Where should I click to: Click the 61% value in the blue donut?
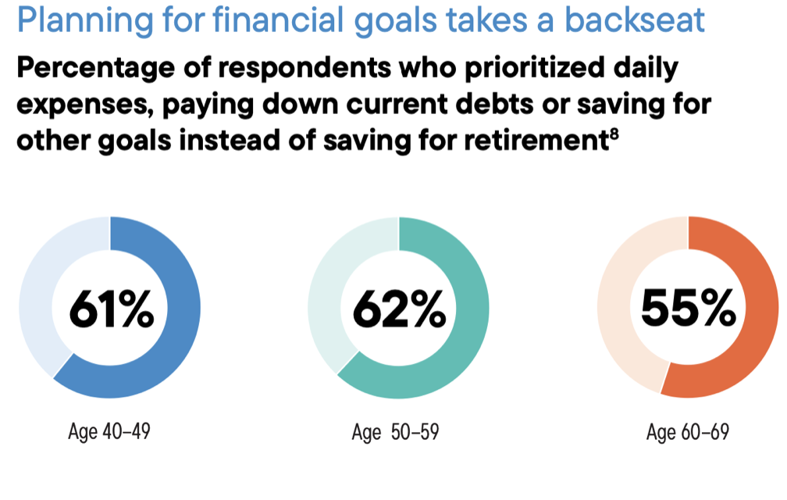pyautogui.click(x=112, y=309)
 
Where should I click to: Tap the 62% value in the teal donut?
pyautogui.click(x=400, y=309)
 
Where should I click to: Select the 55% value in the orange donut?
pyautogui.click(x=688, y=308)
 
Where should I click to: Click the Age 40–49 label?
pyautogui.click(x=109, y=431)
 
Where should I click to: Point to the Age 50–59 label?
pyautogui.click(x=396, y=432)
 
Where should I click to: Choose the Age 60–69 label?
pyautogui.click(x=688, y=432)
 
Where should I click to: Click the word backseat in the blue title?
pyautogui.click(x=635, y=20)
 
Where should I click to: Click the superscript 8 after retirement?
pyautogui.click(x=614, y=134)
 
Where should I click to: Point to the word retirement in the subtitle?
pyautogui.click(x=536, y=141)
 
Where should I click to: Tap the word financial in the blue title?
pyautogui.click(x=279, y=20)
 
